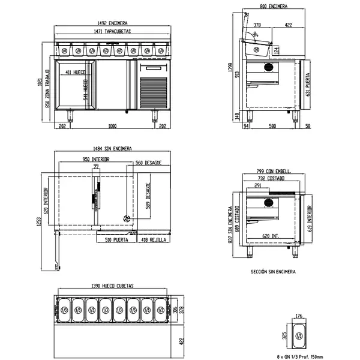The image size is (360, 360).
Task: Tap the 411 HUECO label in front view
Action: coord(77,72)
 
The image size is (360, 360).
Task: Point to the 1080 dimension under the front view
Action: coord(112,126)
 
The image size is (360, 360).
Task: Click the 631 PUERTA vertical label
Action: coord(308,86)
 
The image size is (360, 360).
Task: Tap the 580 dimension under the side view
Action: coord(272,126)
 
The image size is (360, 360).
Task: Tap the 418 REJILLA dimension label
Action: coord(153,240)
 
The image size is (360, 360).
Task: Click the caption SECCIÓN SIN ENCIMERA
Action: coord(273,272)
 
